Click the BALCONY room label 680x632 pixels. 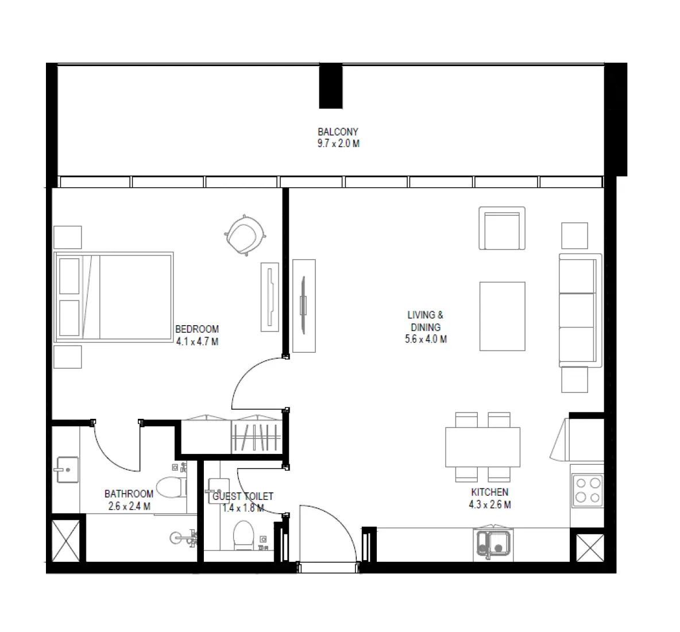coord(338,132)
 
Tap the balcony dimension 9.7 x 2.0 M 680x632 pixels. coord(338,144)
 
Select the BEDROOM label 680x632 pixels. coord(197,329)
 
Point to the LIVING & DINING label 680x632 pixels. coord(426,321)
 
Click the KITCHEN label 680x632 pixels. coord(489,492)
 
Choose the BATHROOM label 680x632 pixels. coord(129,494)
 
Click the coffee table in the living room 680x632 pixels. coord(502,316)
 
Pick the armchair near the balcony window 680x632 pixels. coord(502,228)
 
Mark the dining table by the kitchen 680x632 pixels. coord(482,448)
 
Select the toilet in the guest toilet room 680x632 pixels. coord(244,535)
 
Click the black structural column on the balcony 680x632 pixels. coord(331,86)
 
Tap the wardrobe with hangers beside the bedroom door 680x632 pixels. coord(256,437)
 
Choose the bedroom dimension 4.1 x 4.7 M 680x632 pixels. coord(197,342)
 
